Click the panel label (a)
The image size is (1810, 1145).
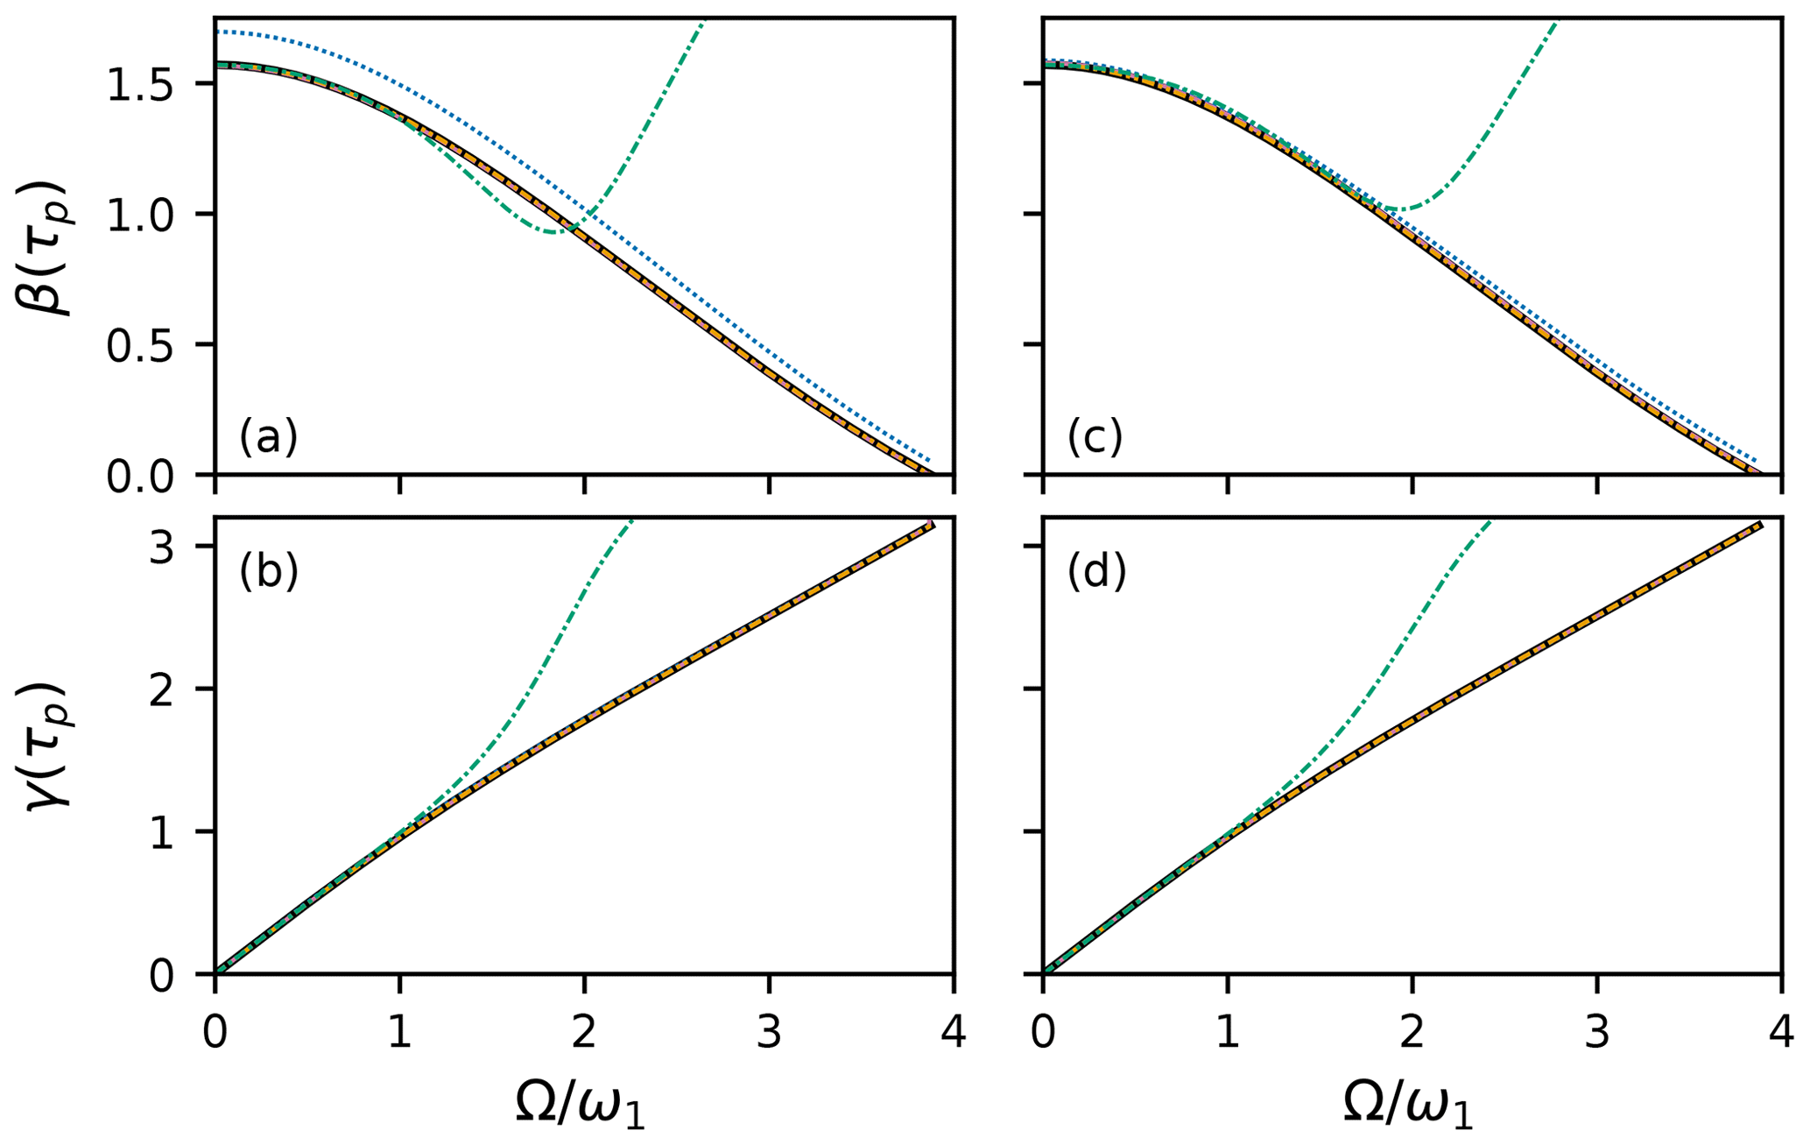point(269,437)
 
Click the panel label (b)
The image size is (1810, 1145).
point(269,572)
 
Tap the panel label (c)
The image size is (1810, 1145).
point(1095,437)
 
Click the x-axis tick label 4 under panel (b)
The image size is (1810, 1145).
point(953,1033)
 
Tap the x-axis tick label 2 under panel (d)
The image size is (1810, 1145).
point(1412,1033)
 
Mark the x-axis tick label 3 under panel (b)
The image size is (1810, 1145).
point(769,1033)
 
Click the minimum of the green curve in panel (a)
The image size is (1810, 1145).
point(553,232)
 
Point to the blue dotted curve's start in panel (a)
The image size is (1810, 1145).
point(217,32)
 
